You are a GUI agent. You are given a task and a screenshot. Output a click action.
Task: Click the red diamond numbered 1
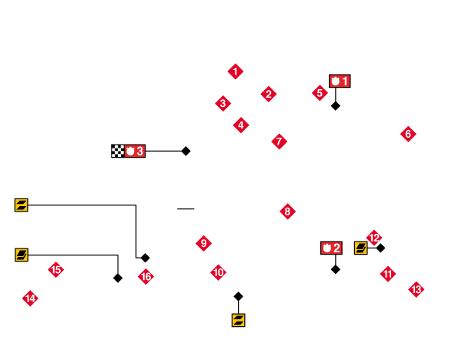coord(236,72)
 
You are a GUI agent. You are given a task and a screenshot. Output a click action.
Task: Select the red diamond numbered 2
coord(268,94)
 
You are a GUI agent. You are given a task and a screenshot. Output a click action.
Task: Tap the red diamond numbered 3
coord(223,103)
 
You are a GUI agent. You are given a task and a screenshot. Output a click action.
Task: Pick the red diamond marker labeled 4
coord(241,125)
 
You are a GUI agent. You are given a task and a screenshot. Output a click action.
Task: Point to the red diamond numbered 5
coord(320,93)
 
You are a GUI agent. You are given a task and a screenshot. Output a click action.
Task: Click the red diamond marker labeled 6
coord(408,134)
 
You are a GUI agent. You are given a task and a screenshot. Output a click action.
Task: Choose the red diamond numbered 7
coord(280,142)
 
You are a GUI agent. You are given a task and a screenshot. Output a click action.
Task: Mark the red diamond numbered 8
coord(287,212)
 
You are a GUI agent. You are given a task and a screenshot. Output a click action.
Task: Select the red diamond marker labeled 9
coord(203,244)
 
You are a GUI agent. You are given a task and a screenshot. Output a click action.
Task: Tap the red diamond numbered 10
coord(219,272)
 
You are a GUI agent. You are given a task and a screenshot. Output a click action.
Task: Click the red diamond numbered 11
coord(388,273)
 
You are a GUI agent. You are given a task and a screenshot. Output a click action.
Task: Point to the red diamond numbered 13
coord(417,289)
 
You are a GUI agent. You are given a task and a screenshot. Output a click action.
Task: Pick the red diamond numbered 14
coord(30,298)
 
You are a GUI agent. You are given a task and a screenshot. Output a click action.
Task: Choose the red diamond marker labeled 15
coord(55,269)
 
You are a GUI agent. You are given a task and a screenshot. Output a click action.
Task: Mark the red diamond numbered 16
coord(146,276)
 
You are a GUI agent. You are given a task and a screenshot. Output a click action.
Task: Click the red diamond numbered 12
coord(375,237)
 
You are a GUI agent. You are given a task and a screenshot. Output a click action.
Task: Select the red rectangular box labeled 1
coord(340,81)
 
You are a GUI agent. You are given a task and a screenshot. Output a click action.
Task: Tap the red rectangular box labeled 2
coord(331,248)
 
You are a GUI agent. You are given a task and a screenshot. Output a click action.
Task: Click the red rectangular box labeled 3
coord(135,151)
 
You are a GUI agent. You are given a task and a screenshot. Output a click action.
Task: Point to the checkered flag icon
coord(117,151)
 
